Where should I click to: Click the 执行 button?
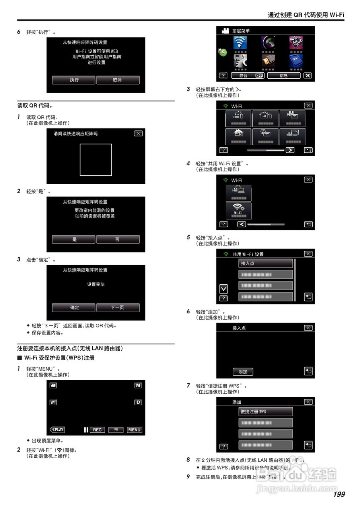[x=74, y=80]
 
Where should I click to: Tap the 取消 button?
[x=118, y=80]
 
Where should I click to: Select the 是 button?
[x=74, y=239]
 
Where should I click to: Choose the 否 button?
[x=118, y=239]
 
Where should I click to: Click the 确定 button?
[x=74, y=307]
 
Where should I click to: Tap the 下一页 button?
[x=118, y=307]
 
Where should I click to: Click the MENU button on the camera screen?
[x=134, y=429]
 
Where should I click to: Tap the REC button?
[x=97, y=429]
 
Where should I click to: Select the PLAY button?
[x=57, y=429]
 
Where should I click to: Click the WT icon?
[x=53, y=402]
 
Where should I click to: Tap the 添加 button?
[x=243, y=372]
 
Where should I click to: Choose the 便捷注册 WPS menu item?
[x=266, y=412]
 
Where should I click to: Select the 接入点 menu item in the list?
[x=266, y=263]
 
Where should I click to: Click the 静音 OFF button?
[x=247, y=75]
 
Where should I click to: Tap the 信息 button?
[x=284, y=75]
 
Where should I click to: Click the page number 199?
[x=339, y=494]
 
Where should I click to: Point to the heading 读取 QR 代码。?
[x=35, y=106]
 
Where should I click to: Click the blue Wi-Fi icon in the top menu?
[x=239, y=43]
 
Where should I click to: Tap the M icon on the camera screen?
[x=138, y=385]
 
